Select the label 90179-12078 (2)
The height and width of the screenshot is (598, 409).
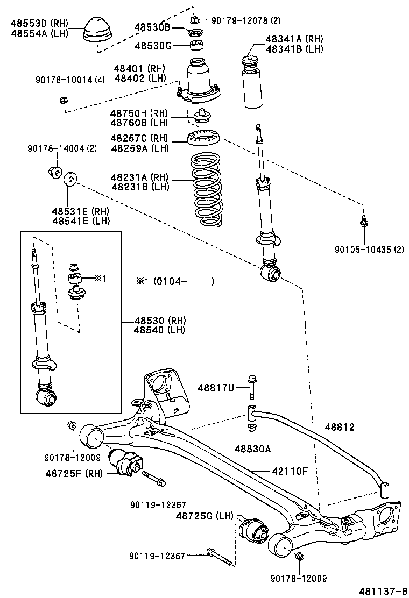coord(246,20)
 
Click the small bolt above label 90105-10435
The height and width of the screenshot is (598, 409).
coord(364,220)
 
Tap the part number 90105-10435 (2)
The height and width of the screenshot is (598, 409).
coord(369,250)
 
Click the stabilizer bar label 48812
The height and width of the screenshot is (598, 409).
coord(339,427)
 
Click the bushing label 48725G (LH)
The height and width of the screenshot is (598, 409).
coord(204,516)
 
